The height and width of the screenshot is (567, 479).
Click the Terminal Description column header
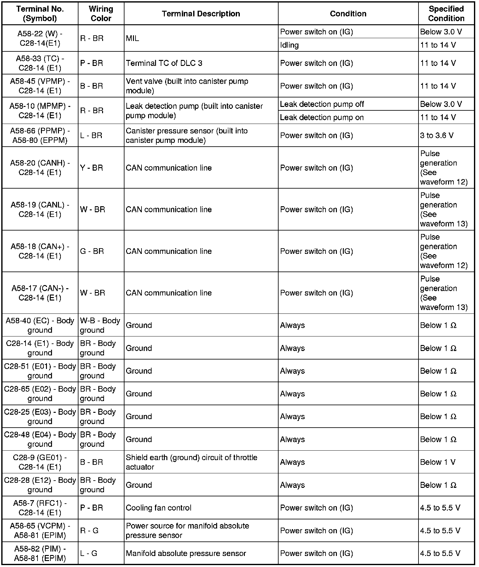click(201, 14)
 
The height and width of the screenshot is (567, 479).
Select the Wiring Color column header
click(101, 14)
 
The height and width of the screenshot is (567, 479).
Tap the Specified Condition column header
click(446, 14)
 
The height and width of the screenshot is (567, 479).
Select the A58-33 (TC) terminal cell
click(40, 63)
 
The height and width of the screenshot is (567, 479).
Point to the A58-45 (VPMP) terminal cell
click(40, 86)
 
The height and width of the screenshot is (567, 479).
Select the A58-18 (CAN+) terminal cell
click(40, 251)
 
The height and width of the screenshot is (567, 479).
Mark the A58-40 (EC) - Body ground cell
click(40, 325)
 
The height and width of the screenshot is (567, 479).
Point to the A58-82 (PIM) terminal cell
click(40, 553)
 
